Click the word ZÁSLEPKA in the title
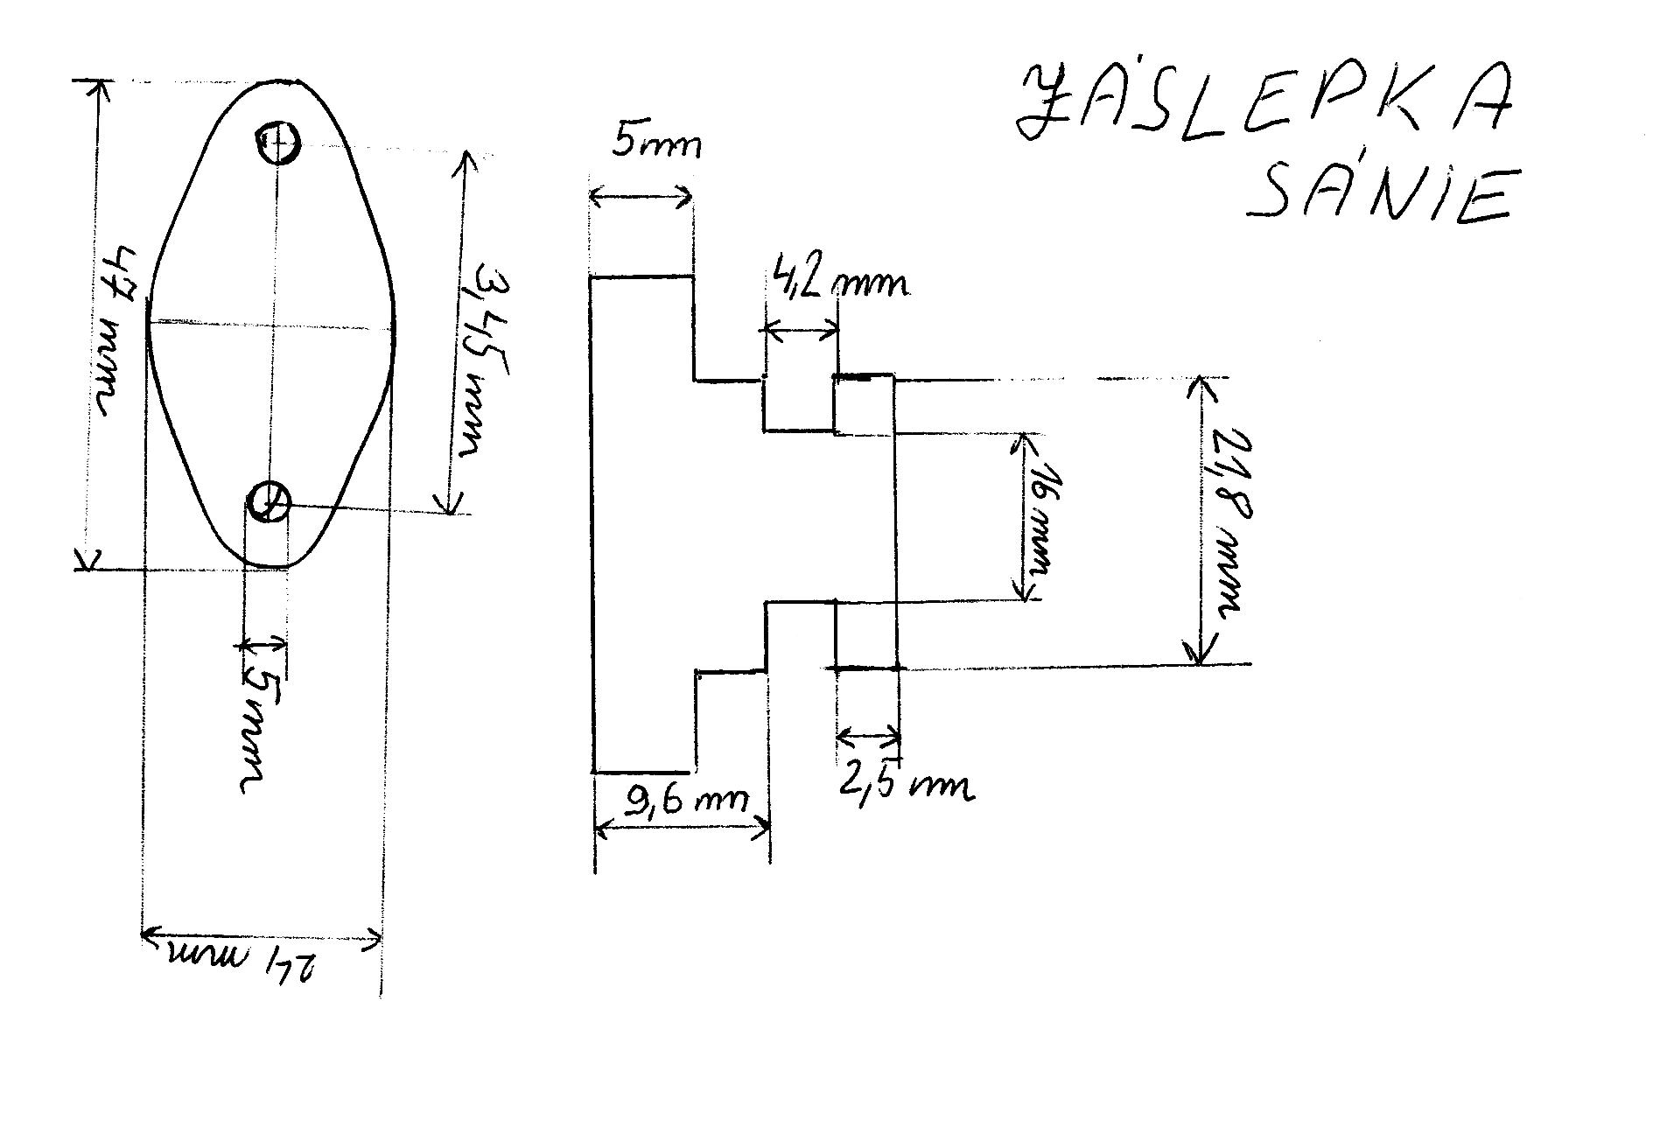pyautogui.click(x=1264, y=107)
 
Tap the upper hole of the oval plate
pyautogui.click(x=278, y=141)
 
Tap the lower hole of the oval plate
pyautogui.click(x=269, y=502)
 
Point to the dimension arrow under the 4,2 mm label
pyautogui.click(x=801, y=331)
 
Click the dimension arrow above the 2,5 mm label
pyautogui.click(x=868, y=734)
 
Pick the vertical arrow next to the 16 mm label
pyautogui.click(x=1020, y=516)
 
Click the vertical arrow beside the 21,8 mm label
pyautogui.click(x=1201, y=520)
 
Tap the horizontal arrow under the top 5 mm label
pyautogui.click(x=641, y=197)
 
